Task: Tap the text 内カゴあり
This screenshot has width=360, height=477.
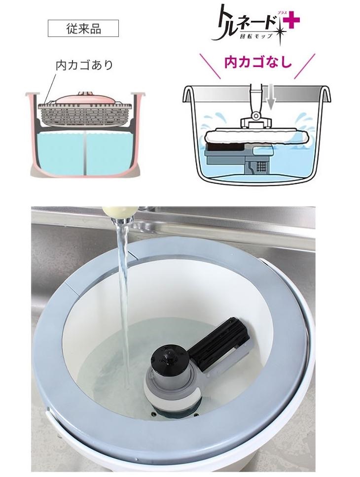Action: coord(84,65)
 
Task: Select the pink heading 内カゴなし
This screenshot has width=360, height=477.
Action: coord(258,62)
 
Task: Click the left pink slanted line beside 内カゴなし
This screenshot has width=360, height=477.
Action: coord(210,66)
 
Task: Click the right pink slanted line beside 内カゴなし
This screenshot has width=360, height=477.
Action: coord(305,66)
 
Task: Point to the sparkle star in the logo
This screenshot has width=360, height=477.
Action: coord(280,32)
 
